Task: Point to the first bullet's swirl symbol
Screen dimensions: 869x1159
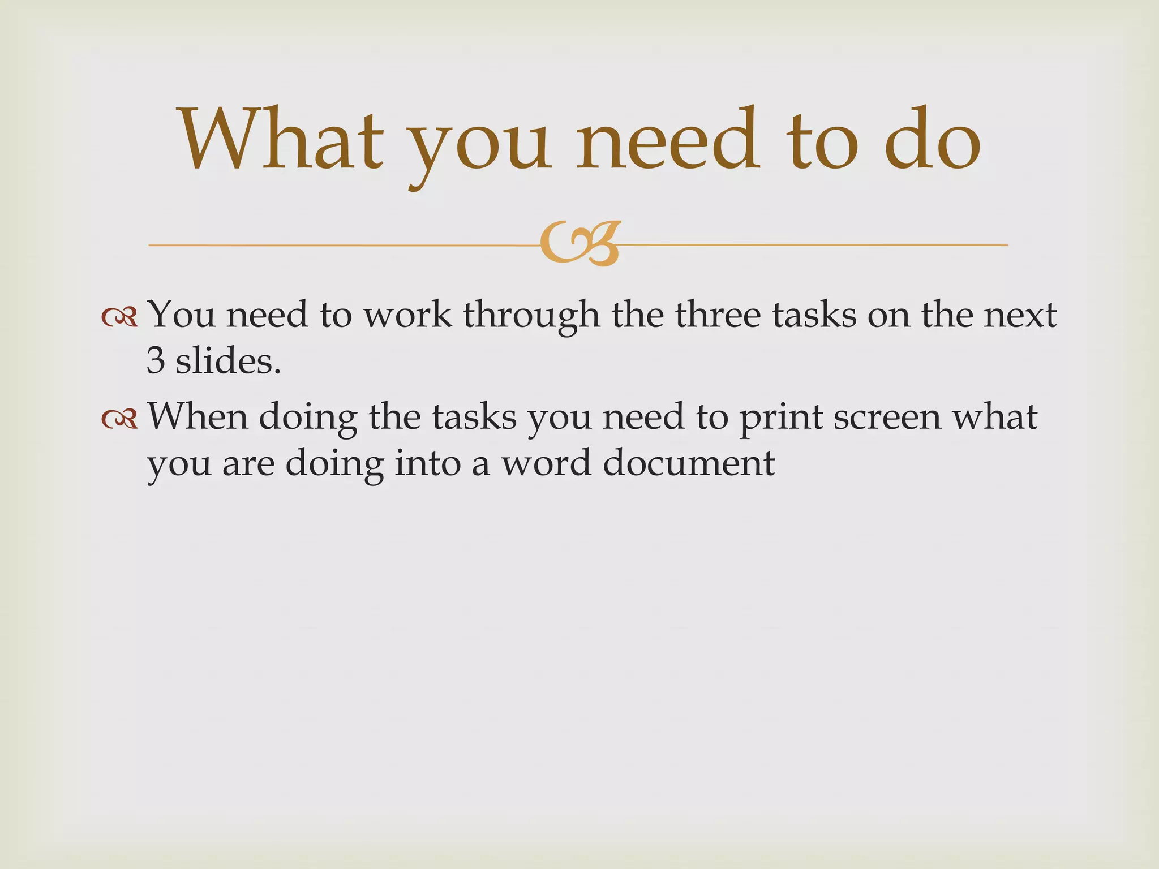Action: [x=119, y=317]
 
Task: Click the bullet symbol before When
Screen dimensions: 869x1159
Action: [x=119, y=419]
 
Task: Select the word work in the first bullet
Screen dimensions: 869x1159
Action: [x=407, y=315]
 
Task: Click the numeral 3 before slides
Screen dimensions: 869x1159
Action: [x=155, y=361]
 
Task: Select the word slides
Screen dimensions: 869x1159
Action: [x=228, y=361]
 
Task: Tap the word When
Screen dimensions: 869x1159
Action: [x=198, y=417]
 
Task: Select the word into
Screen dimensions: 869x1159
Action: [x=428, y=463]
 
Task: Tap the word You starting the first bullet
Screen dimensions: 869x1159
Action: [x=181, y=315]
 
